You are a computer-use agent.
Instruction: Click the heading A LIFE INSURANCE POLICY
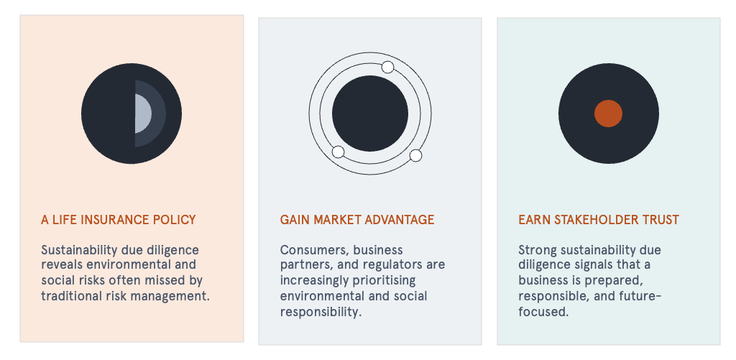[x=119, y=220]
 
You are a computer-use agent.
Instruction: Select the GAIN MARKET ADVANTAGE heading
[x=357, y=220]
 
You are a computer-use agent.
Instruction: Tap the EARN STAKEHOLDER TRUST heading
[x=599, y=220]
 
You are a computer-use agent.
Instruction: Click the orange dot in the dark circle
[x=608, y=114]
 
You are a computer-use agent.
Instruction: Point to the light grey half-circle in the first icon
[x=142, y=114]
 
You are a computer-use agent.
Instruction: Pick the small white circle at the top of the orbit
[x=387, y=67]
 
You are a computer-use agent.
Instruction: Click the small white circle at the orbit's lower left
[x=338, y=152]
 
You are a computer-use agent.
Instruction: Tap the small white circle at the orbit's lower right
[x=415, y=155]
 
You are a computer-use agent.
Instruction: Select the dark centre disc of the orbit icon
[x=370, y=114]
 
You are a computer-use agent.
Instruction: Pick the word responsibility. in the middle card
[x=321, y=312]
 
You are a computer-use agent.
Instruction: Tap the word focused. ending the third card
[x=543, y=312]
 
